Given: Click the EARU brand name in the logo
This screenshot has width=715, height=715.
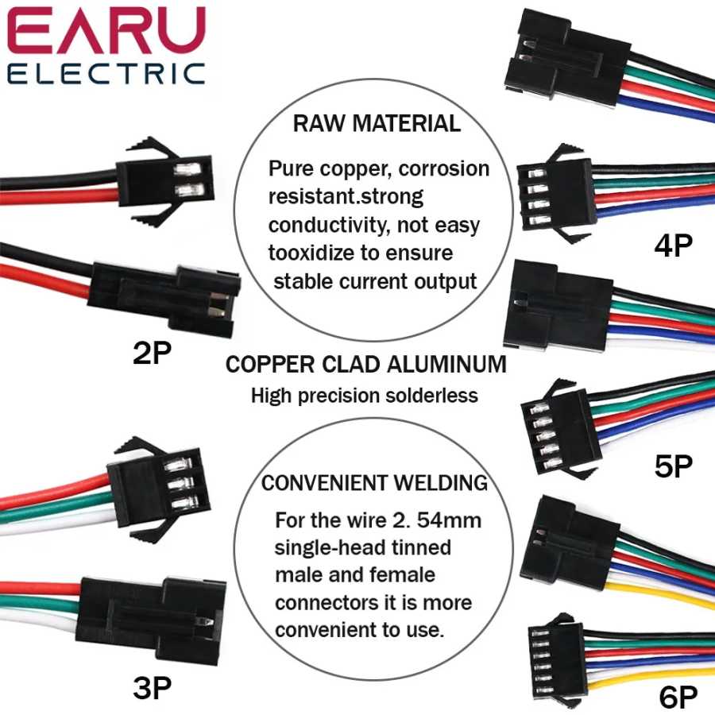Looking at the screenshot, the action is coord(106,31).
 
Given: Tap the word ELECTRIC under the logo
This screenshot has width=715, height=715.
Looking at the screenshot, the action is coord(106,74).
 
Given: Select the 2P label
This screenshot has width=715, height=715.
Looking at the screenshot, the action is coord(152,353).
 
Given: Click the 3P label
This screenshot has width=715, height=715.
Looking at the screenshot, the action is coord(153,688).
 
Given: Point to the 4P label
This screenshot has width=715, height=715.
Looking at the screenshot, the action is coord(673,245).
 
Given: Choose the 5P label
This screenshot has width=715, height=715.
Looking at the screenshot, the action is coord(673,466).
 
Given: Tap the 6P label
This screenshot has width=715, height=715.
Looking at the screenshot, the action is coord(678,697).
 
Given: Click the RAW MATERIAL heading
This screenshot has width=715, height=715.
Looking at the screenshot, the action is coord(377,124).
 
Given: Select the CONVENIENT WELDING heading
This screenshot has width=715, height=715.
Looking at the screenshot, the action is coord(374,483).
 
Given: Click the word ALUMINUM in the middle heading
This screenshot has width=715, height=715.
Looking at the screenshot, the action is coord(446,365).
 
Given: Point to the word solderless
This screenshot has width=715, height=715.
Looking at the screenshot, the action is coord(431,396).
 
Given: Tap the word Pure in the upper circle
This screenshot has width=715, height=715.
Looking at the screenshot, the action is coord(291,168).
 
